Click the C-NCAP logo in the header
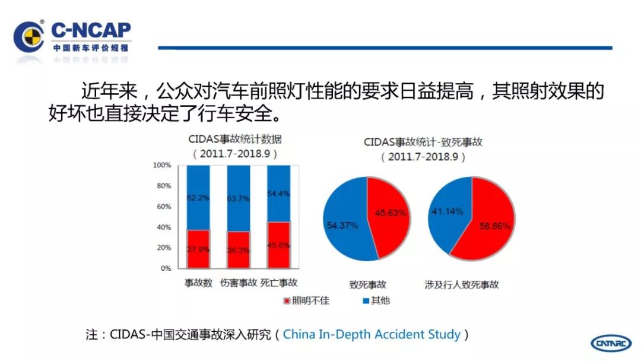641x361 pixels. coord(71,37)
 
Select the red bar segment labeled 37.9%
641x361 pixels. coord(198,249)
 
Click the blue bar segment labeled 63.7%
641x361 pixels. coord(239,198)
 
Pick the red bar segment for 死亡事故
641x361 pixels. coord(279,245)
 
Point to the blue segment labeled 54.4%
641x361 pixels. coord(279,193)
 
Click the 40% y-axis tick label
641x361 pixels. coord(164,227)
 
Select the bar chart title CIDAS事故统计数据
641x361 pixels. coord(235,140)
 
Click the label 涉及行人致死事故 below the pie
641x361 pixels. coord(470,284)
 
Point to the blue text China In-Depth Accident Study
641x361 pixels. coord(372,334)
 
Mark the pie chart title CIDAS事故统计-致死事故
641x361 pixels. coord(423,142)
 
